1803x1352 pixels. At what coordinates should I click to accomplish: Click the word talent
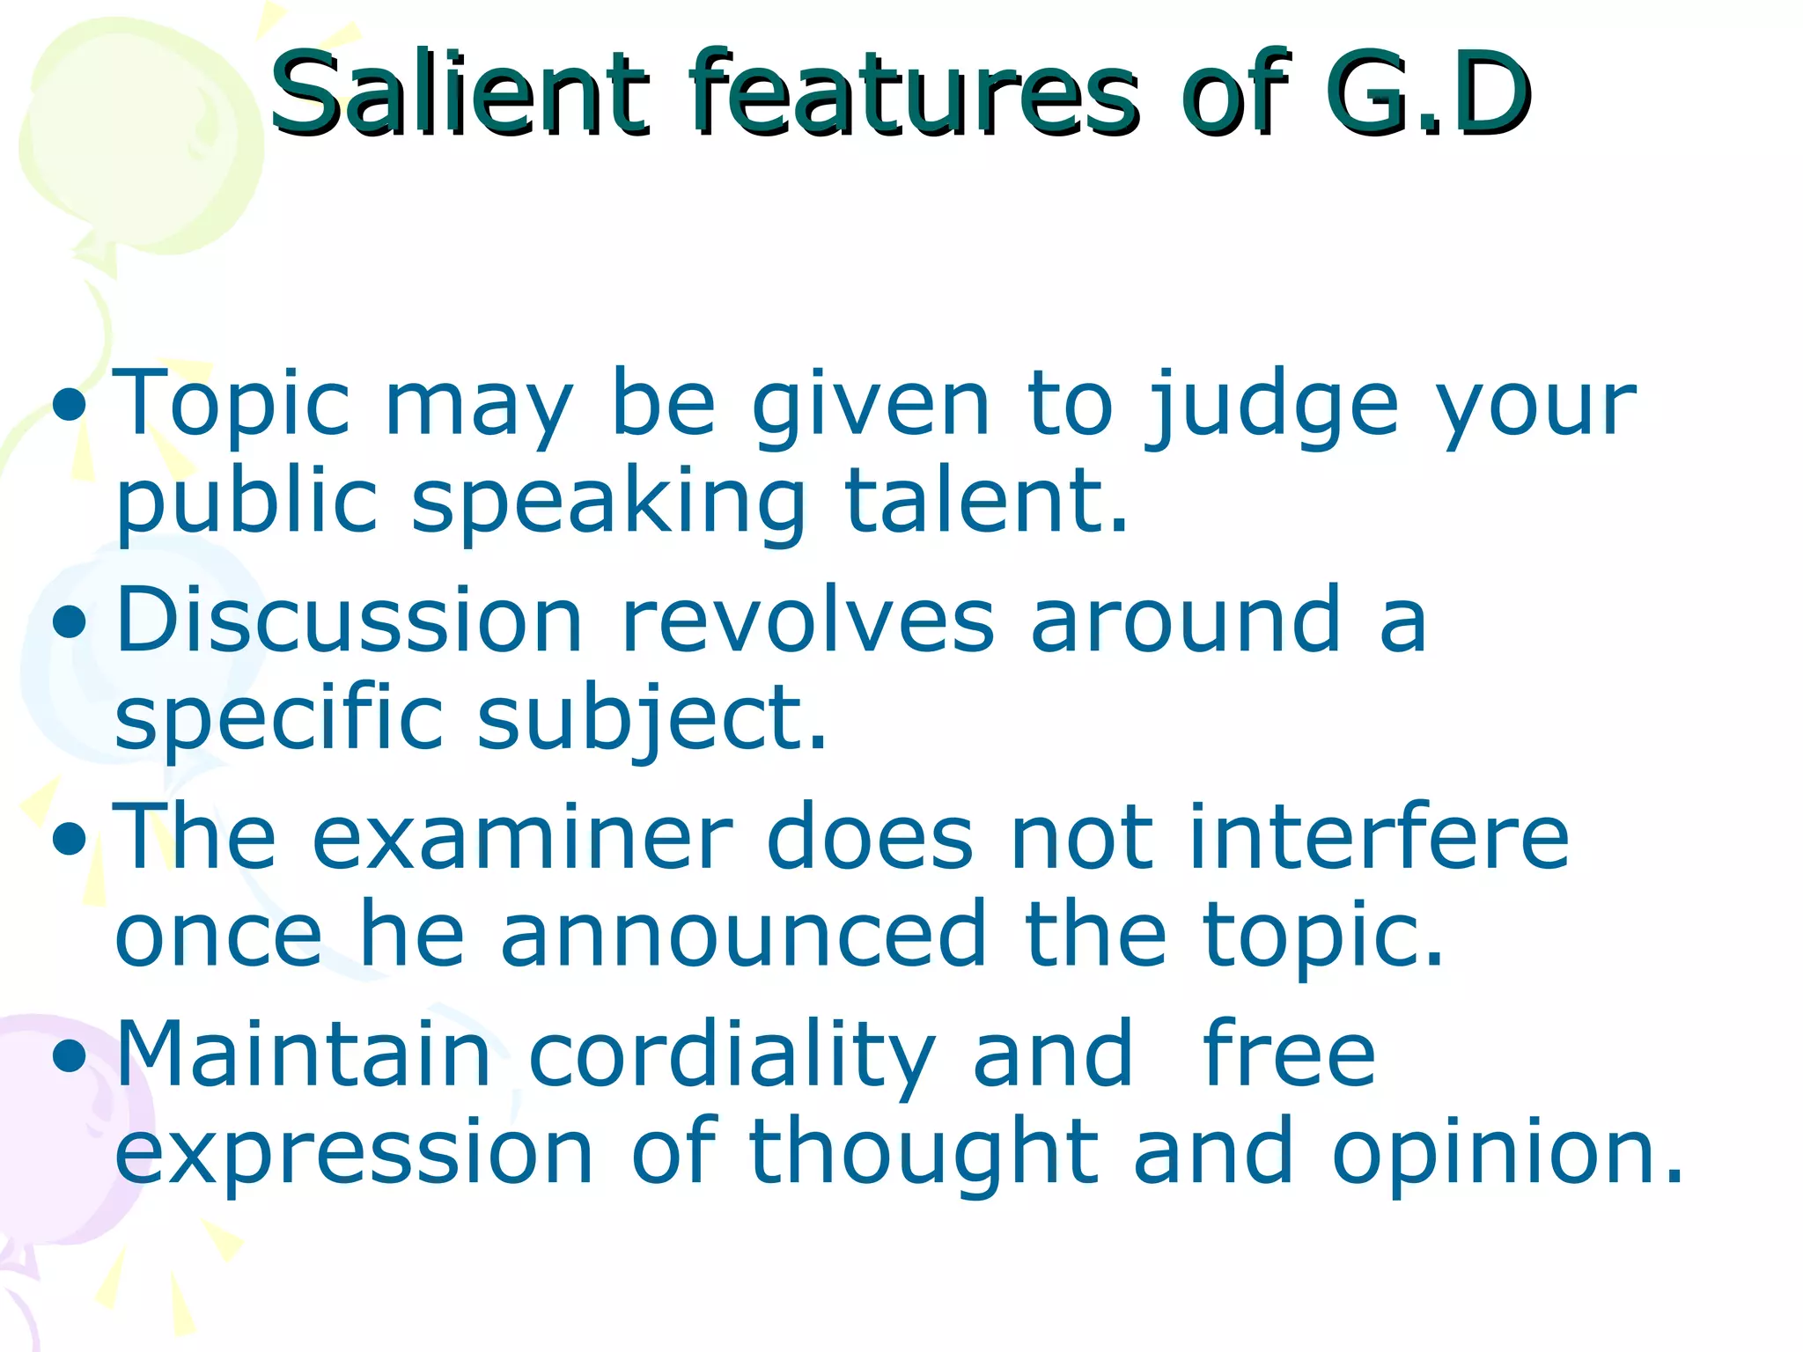pyautogui.click(x=986, y=502)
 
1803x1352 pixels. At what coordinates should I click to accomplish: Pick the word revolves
pyautogui.click(x=808, y=621)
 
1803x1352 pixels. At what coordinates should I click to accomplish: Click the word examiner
pyautogui.click(x=521, y=838)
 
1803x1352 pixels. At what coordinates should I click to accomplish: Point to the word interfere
pyautogui.click(x=1379, y=838)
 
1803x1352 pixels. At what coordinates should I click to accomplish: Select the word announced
pyautogui.click(x=743, y=935)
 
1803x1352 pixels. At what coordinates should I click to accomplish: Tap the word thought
pyautogui.click(x=924, y=1151)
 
